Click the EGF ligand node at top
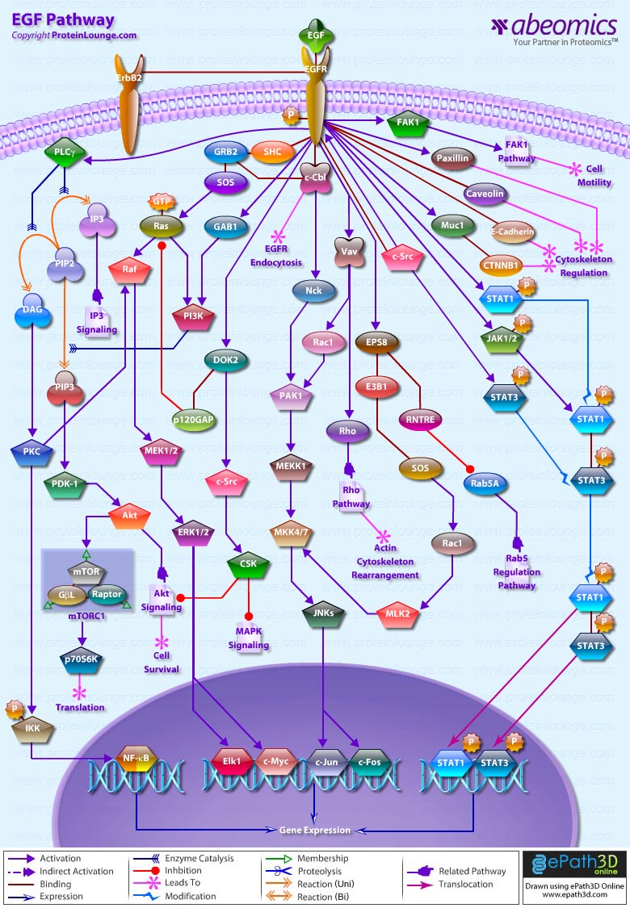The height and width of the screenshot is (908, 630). tap(315, 36)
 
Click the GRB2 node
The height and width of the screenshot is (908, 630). tap(226, 152)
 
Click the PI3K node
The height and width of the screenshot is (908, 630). tap(193, 316)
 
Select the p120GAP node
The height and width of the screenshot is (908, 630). tap(193, 420)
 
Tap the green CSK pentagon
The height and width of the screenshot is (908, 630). tap(248, 564)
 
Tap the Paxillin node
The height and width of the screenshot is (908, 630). tap(452, 158)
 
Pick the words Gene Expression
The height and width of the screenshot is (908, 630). tap(315, 830)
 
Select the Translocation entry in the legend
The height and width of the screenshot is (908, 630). tap(466, 885)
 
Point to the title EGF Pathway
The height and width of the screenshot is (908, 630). tap(62, 20)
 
